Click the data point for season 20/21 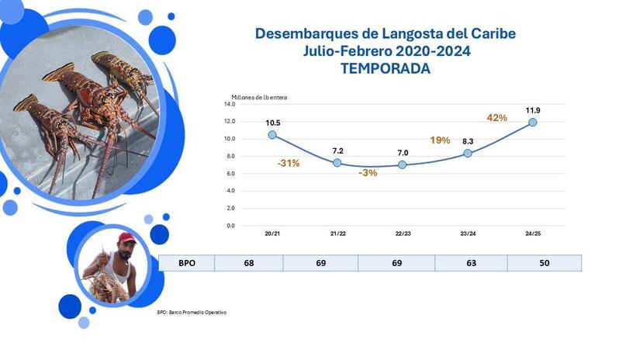pyautogui.click(x=272, y=135)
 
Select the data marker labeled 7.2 pyautogui.click(x=337, y=163)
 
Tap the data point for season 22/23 pyautogui.click(x=402, y=164)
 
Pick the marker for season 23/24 pyautogui.click(x=468, y=154)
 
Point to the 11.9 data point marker pyautogui.click(x=533, y=122)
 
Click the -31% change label pyautogui.click(x=288, y=164)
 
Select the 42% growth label pyautogui.click(x=496, y=118)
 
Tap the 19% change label pyautogui.click(x=440, y=140)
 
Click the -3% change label pyautogui.click(x=368, y=173)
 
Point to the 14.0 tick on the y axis pyautogui.click(x=230, y=104)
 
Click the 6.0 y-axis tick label pyautogui.click(x=230, y=174)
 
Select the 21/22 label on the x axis pyautogui.click(x=337, y=233)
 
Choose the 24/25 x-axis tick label pyautogui.click(x=533, y=233)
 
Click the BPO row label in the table pyautogui.click(x=186, y=263)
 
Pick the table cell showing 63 pyautogui.click(x=471, y=263)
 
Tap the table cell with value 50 pyautogui.click(x=544, y=263)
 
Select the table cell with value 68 pyautogui.click(x=248, y=263)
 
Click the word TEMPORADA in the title pyautogui.click(x=385, y=68)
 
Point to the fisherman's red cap pyautogui.click(x=126, y=237)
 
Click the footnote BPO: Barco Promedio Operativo pyautogui.click(x=192, y=312)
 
